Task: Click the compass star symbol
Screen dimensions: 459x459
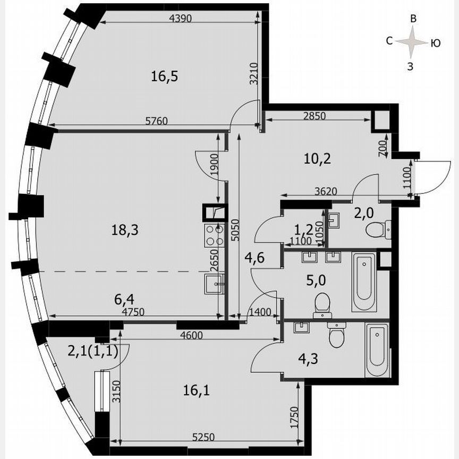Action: [x=412, y=42]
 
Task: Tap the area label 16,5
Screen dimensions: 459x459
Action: [x=164, y=76]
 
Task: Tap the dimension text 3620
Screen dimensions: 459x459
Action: [x=324, y=191]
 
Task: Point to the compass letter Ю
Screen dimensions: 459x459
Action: [x=435, y=44]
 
